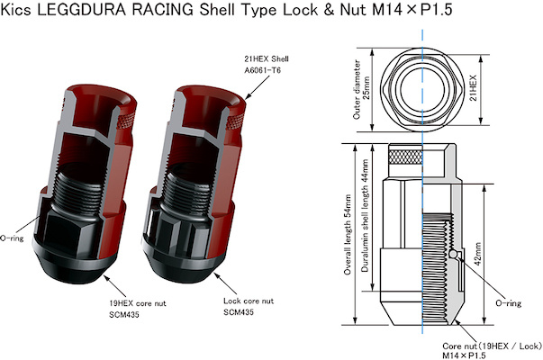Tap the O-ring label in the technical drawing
(x=508, y=304)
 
